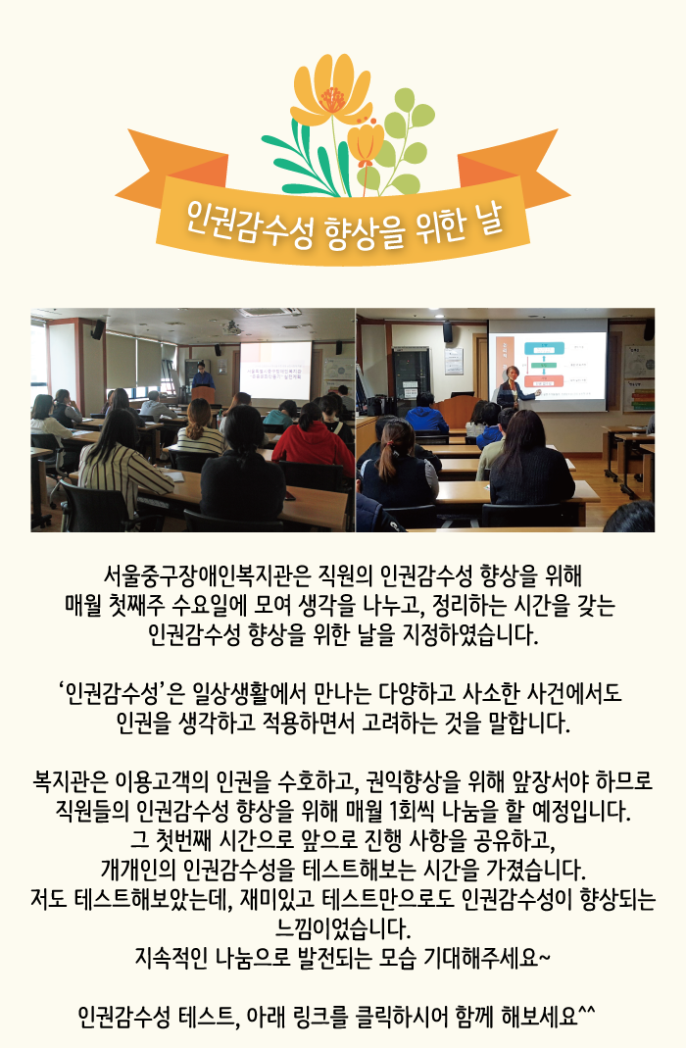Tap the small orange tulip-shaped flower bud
click(366, 142)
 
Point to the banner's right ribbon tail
click(518, 167)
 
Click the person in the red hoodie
click(313, 440)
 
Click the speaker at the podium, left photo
click(203, 377)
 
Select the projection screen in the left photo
click(275, 371)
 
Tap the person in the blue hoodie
click(425, 415)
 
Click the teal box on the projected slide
click(544, 348)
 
